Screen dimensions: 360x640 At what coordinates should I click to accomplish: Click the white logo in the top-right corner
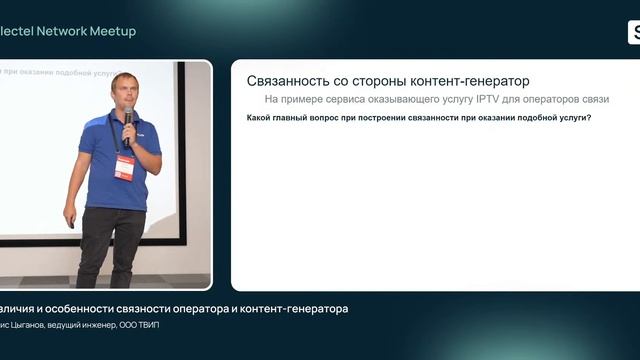634,32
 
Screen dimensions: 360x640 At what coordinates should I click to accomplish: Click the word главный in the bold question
297,119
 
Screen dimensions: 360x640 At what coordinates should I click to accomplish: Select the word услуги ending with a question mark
573,119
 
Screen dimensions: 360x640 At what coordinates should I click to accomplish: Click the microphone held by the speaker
128,119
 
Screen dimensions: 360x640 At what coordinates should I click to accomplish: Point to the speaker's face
126,95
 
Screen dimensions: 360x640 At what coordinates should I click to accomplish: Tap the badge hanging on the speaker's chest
124,166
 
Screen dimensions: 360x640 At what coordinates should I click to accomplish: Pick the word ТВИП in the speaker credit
146,326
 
